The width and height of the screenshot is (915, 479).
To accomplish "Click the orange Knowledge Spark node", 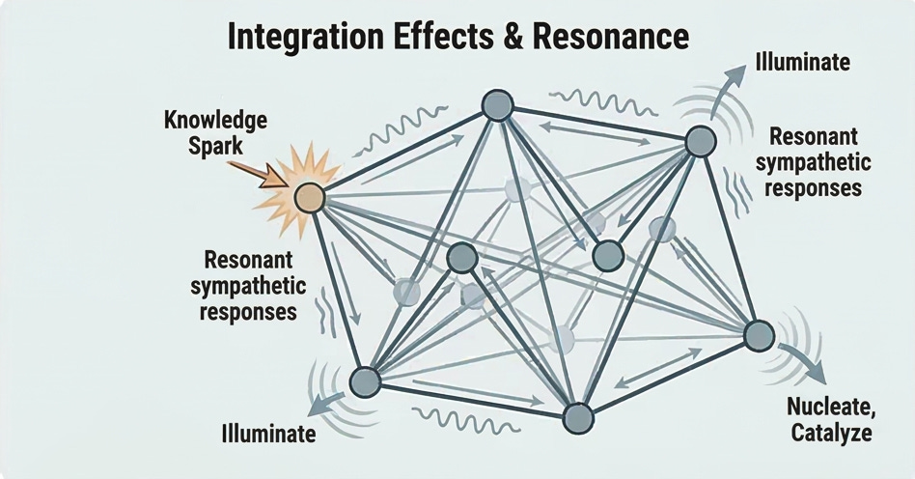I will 310,197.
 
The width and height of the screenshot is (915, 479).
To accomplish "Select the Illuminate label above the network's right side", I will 803,64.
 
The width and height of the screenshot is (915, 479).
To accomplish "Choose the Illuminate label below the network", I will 268,434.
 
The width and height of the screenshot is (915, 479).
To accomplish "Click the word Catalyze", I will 831,433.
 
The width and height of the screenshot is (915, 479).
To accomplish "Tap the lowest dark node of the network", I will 576,417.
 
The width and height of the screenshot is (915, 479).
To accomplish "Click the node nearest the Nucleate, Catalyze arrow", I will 760,335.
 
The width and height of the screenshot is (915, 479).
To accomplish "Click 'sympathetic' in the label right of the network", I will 813,162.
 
